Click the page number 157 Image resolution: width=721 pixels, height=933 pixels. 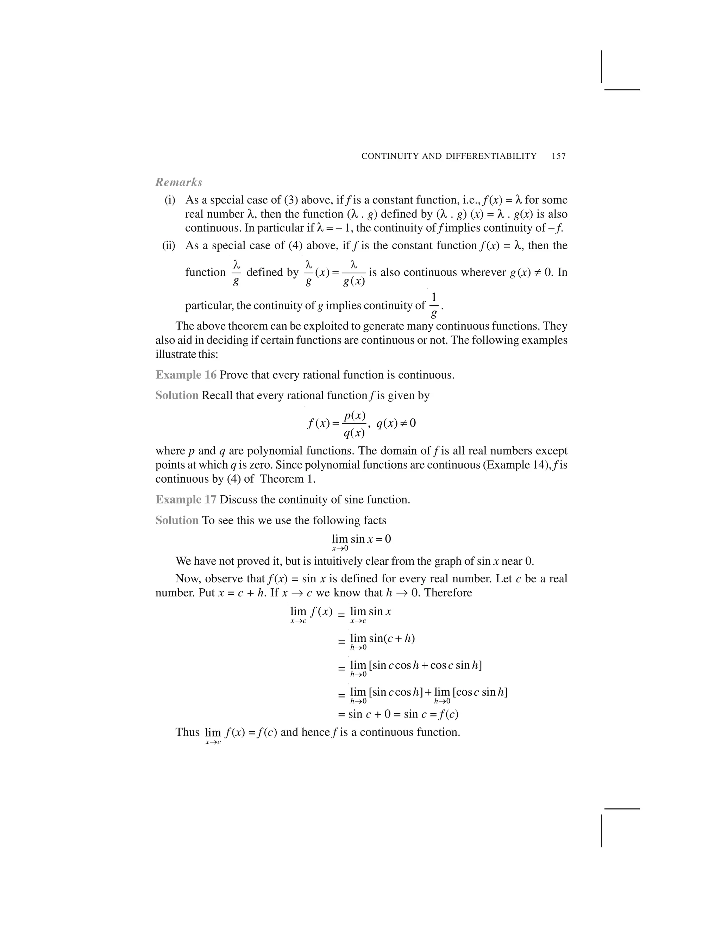pos(559,156)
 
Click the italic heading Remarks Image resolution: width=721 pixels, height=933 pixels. pos(178,182)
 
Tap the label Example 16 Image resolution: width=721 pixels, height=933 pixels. pos(186,375)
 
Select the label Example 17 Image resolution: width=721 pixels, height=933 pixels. pos(186,500)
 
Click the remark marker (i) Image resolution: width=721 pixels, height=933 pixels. pos(170,200)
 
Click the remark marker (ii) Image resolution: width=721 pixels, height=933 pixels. pos(169,246)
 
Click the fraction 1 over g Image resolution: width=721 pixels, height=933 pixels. pos(434,306)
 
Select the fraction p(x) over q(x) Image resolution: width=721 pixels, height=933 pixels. pos(354,424)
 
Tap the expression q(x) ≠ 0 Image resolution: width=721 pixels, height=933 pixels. pos(396,423)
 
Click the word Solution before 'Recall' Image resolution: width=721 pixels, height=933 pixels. pos(177,396)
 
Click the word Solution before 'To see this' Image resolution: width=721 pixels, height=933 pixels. pos(177,520)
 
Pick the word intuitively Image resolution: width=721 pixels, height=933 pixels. pos(295,561)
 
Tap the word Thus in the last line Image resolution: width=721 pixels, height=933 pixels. pos(187,732)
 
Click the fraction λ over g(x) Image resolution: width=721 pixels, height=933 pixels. pos(354,273)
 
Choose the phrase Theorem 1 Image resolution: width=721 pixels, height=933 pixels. pos(288,479)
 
